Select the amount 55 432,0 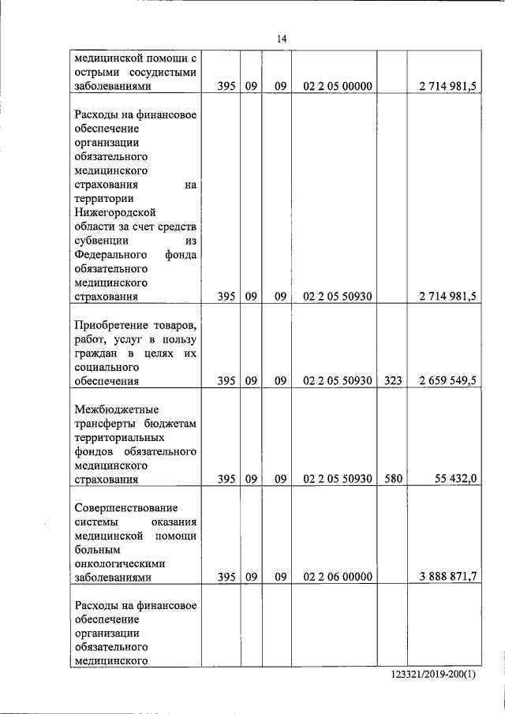pyautogui.click(x=456, y=479)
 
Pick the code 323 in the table pyautogui.click(x=392, y=380)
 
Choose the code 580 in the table pyautogui.click(x=392, y=479)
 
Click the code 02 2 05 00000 pyautogui.click(x=337, y=86)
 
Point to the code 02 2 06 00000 pyautogui.click(x=337, y=577)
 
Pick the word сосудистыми pyautogui.click(x=163, y=72)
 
